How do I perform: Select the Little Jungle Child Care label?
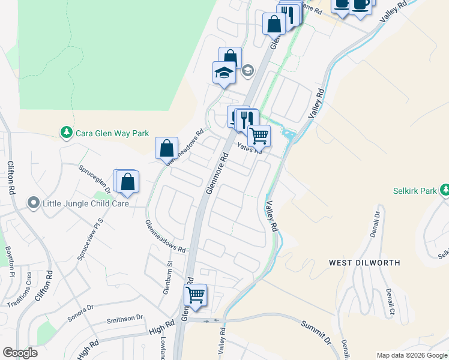point(86,204)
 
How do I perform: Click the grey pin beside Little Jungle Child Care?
point(34,204)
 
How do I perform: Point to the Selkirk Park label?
point(415,191)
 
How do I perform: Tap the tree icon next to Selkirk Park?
point(444,191)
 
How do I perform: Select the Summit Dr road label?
point(316,331)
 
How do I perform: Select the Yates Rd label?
point(249,148)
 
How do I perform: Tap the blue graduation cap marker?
point(224,73)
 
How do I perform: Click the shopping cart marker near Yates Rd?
point(259,135)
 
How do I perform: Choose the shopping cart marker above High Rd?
point(195,295)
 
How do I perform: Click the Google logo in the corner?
point(20,353)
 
